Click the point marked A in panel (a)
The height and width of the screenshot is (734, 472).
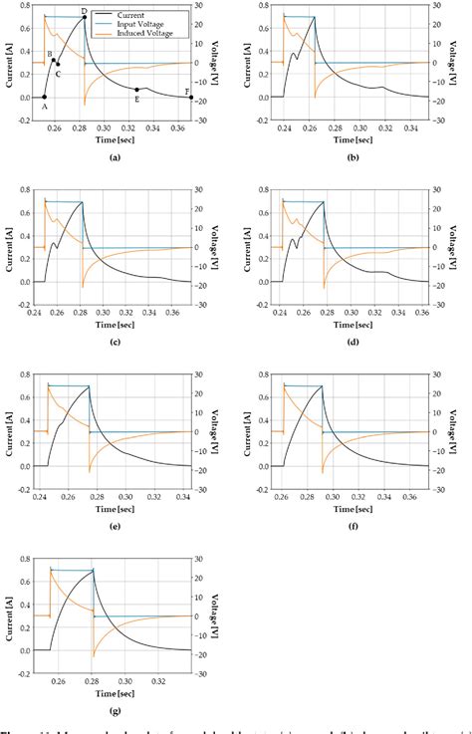point(44,97)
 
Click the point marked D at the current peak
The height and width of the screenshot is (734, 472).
point(85,17)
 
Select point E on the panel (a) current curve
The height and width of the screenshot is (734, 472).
point(137,90)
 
